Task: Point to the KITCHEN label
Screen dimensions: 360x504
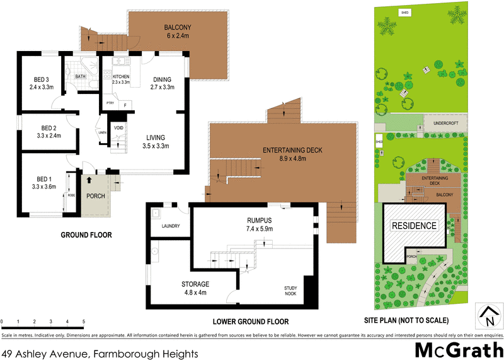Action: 120,76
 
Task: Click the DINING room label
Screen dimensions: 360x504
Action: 163,79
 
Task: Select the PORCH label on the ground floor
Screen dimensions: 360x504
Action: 95,195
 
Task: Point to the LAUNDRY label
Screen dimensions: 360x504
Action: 171,226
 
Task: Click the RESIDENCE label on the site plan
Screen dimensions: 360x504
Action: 414,226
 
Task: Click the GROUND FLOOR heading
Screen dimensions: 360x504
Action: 86,235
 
